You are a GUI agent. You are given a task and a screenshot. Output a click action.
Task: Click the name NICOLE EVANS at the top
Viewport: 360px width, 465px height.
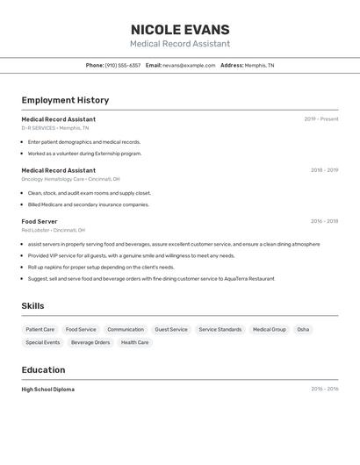[x=180, y=30]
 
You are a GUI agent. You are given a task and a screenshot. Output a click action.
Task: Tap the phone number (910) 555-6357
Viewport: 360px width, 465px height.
[x=122, y=65]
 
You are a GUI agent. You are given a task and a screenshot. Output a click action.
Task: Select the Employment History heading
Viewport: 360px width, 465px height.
[x=65, y=100]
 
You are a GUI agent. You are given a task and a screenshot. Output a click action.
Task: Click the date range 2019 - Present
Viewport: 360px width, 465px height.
[x=321, y=119]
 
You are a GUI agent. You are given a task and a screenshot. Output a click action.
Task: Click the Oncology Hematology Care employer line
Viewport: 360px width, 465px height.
[x=66, y=179]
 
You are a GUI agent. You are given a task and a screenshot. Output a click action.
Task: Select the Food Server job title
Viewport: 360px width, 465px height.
[x=40, y=221]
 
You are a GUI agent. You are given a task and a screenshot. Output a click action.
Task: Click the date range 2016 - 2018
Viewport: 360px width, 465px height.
[x=324, y=221]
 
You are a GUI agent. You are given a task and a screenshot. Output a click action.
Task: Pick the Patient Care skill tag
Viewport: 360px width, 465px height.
[x=40, y=330]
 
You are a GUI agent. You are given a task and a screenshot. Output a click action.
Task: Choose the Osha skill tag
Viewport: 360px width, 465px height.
[x=303, y=330]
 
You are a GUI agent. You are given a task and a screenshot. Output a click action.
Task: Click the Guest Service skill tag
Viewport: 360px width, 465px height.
[x=171, y=330]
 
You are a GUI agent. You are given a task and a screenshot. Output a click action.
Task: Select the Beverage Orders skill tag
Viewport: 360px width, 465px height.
[x=90, y=342]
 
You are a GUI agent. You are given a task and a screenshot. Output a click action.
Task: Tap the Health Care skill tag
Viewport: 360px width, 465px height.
[x=134, y=342]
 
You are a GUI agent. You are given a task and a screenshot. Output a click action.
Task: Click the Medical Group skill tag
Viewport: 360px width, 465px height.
[x=270, y=330]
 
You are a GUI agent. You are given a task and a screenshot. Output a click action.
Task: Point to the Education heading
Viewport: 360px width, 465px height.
[x=43, y=370]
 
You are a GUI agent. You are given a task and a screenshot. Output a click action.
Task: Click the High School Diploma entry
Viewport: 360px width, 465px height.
[x=48, y=390]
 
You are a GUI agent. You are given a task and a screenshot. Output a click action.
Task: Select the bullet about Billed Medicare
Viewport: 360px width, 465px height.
[x=88, y=204]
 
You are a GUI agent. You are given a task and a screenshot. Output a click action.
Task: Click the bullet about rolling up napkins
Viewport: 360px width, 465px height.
[x=101, y=267]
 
